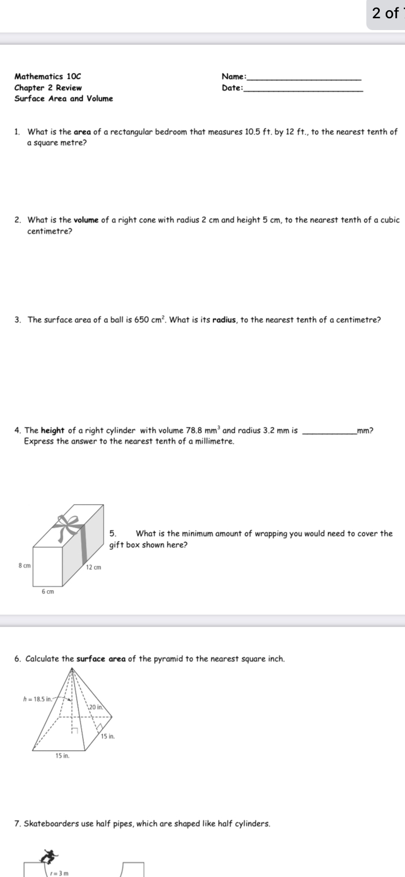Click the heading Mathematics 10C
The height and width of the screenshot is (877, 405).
(48, 77)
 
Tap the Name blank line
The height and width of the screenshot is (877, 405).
(304, 79)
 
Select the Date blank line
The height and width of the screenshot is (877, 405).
(304, 90)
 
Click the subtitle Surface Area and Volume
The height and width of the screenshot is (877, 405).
(63, 98)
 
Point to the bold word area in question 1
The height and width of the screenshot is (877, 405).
(82, 132)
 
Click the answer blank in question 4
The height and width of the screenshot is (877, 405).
(329, 431)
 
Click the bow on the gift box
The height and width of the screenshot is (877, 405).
(69, 524)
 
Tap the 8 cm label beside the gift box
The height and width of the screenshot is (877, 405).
(24, 566)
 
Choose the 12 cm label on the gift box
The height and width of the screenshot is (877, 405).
(93, 567)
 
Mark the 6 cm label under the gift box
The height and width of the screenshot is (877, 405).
(48, 592)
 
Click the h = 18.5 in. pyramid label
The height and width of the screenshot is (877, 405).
(37, 699)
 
